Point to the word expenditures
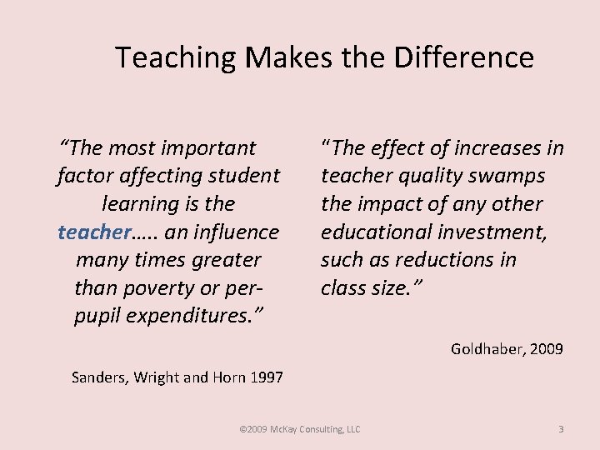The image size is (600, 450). click(x=199, y=316)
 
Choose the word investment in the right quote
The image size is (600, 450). click(x=497, y=232)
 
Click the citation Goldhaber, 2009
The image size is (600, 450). click(x=507, y=349)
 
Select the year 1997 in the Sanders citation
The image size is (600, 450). click(x=267, y=377)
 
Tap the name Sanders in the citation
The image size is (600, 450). click(x=98, y=377)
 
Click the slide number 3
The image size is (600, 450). click(x=561, y=429)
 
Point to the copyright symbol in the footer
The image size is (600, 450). click(x=242, y=429)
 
